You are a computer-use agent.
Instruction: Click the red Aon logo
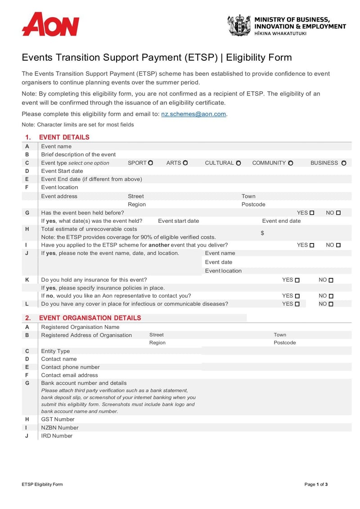click(x=50, y=24)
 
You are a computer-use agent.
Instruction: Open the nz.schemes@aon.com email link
click(x=193, y=114)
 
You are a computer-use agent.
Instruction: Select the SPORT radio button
click(x=151, y=163)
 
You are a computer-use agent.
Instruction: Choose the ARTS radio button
click(x=185, y=163)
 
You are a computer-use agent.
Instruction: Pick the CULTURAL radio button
click(x=238, y=163)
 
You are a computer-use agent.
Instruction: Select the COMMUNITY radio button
click(x=291, y=163)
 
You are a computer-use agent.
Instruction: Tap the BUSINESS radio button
click(x=344, y=163)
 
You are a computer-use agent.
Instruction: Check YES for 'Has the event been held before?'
click(x=312, y=213)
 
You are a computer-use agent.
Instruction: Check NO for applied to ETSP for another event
click(x=338, y=245)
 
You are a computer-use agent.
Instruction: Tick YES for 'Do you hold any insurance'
click(x=297, y=280)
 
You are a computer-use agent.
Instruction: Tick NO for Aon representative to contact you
click(x=331, y=296)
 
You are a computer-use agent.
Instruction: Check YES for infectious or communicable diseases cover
click(x=297, y=304)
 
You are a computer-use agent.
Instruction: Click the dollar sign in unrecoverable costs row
click(x=262, y=233)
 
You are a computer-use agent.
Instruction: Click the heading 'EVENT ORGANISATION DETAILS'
click(x=90, y=318)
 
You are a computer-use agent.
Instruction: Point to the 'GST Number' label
click(x=58, y=419)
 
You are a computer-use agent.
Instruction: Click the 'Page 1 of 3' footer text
click(x=316, y=484)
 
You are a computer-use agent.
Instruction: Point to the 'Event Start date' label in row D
click(x=62, y=171)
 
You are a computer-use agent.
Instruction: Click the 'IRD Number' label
click(x=57, y=436)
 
